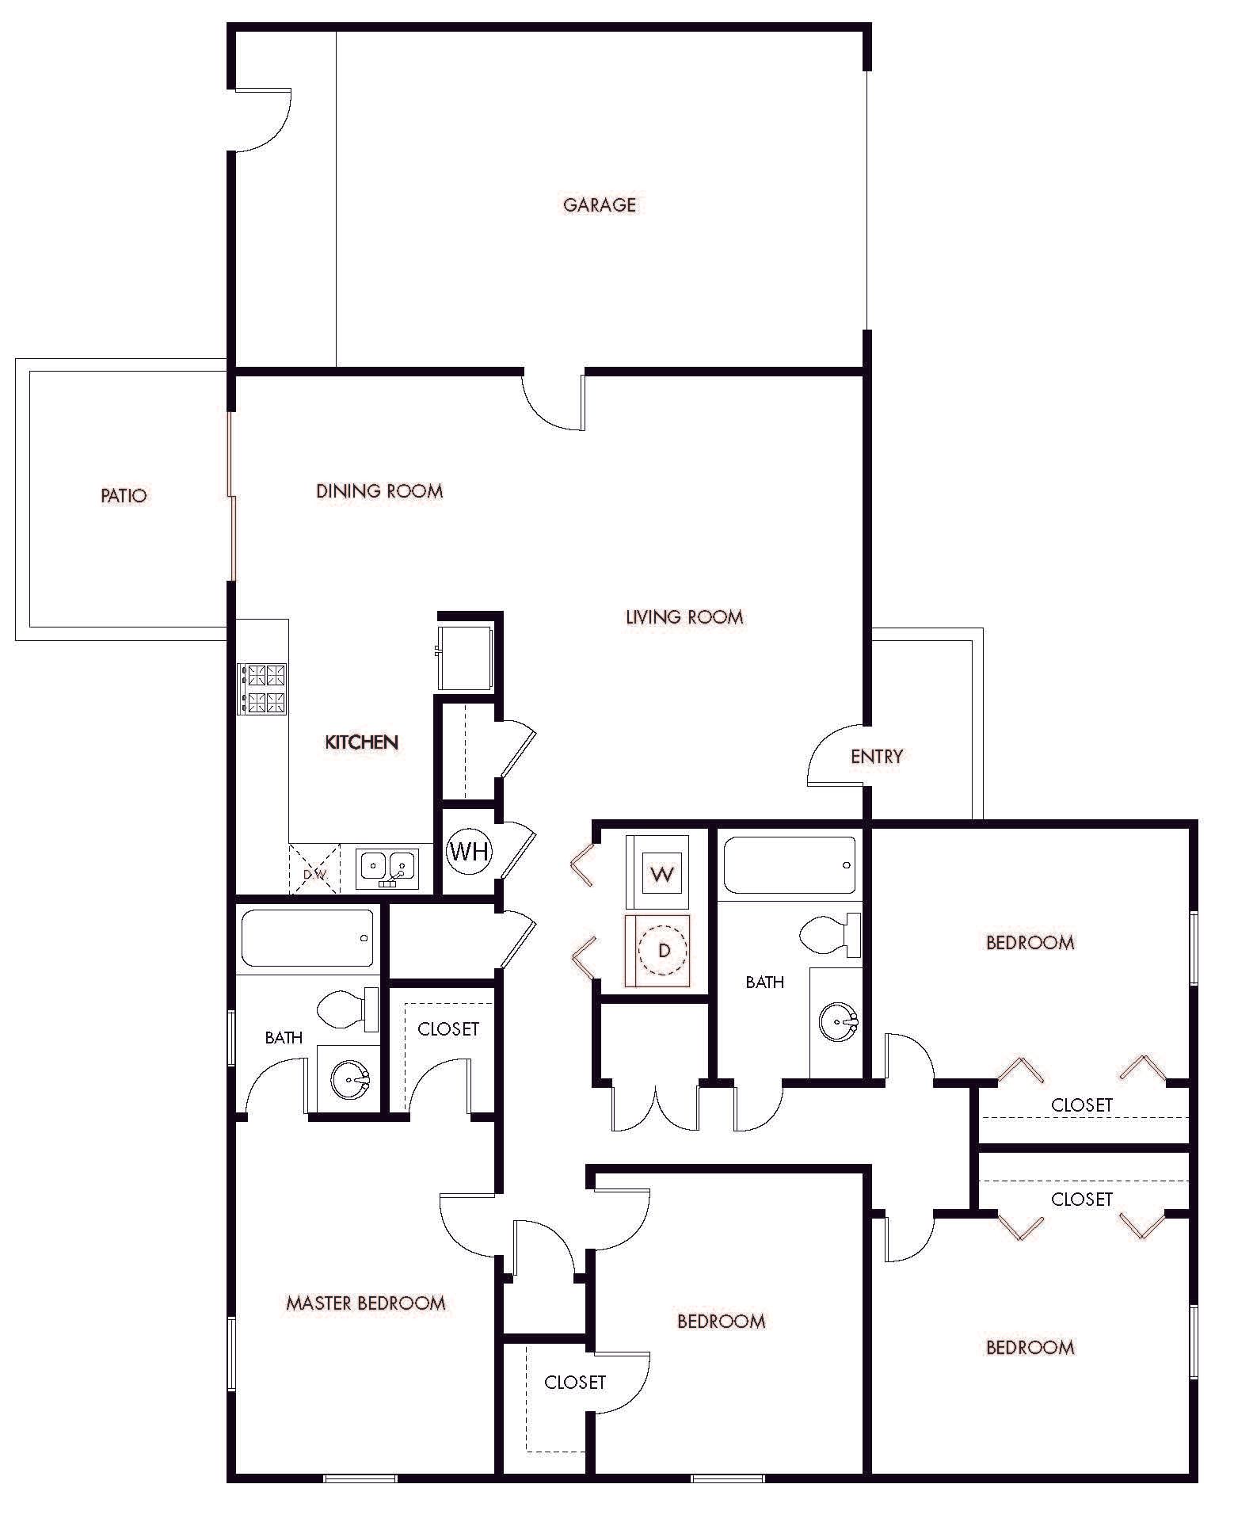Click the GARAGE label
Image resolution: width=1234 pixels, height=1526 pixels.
pos(599,205)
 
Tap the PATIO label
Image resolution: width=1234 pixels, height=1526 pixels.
pos(124,496)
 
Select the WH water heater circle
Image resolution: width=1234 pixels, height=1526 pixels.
pos(469,852)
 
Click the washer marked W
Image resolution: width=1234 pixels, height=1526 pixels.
pos(662,874)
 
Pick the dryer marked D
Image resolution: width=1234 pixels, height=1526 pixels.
pos(664,950)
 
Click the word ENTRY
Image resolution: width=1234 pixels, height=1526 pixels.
pos(876,757)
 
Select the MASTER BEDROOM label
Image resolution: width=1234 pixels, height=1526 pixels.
pos(365,1303)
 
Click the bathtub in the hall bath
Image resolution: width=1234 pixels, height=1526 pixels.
pos(789,865)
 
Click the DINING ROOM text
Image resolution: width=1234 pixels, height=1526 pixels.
pos(379,491)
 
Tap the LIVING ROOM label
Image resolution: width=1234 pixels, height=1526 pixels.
pos(684,617)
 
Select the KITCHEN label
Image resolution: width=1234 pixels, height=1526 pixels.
pos(361,742)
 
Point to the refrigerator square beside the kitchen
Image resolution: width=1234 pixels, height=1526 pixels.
pos(466,658)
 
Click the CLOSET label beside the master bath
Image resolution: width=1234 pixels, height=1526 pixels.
pos(448,1029)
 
